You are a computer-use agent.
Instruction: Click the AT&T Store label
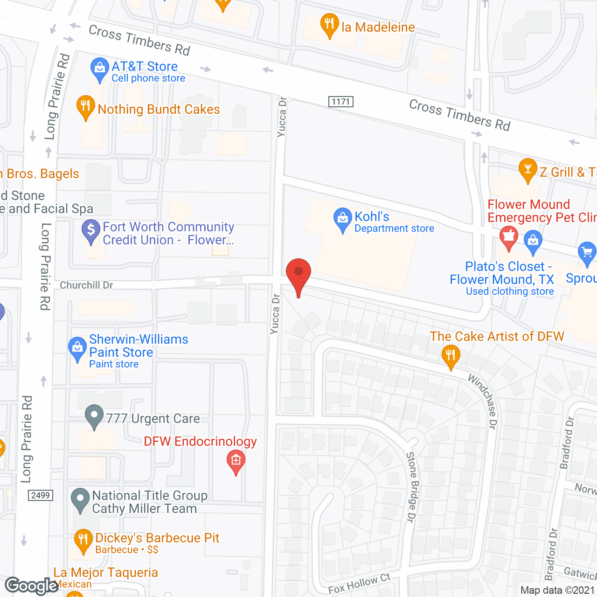(145, 66)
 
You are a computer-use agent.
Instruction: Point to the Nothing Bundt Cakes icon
(85, 107)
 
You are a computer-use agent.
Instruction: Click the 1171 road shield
(341, 102)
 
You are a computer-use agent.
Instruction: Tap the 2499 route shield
(41, 495)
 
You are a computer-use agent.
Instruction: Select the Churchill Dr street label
(86, 285)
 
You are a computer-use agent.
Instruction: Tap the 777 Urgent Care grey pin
(94, 416)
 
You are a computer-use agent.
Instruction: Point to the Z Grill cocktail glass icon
(528, 170)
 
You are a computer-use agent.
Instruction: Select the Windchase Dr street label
(484, 401)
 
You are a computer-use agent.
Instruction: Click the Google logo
(32, 586)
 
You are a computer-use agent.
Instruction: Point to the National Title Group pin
(80, 500)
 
